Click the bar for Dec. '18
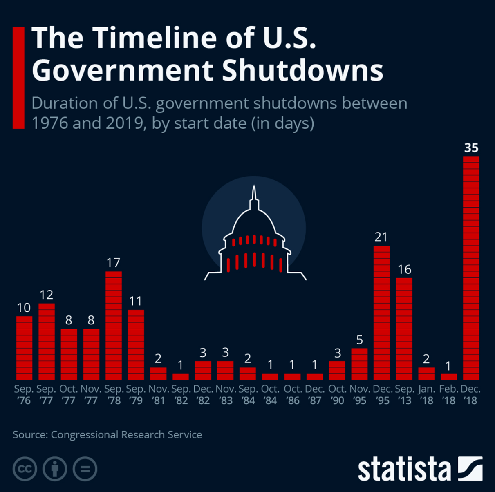coord(471,268)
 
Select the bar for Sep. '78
coord(114,326)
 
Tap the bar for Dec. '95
coord(382,313)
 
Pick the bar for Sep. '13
coord(404,329)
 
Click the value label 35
coord(471,148)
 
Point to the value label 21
coord(381,237)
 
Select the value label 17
coord(113,263)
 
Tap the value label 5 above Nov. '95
coord(359,340)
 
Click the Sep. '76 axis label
coord(24,395)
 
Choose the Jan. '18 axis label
coord(426,395)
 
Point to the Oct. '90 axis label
coord(337,395)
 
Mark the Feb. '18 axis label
coord(448,395)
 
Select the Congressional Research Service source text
coord(126,434)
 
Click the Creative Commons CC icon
coord(25,469)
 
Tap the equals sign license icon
coord(85,469)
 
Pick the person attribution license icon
coord(55,469)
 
